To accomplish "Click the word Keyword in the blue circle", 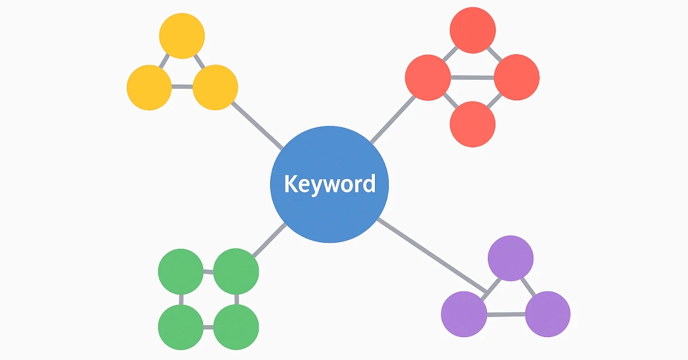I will pyautogui.click(x=330, y=184).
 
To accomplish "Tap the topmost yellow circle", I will pyautogui.click(x=182, y=36).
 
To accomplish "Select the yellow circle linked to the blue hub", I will pyautogui.click(x=215, y=87).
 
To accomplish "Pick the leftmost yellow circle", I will pyautogui.click(x=149, y=87).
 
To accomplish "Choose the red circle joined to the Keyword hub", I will pyautogui.click(x=428, y=77).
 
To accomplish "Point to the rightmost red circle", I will pyautogui.click(x=517, y=77).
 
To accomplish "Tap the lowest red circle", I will pyautogui.click(x=472, y=124).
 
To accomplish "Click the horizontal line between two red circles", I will pyautogui.click(x=472, y=77).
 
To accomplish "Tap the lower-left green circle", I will pyautogui.click(x=181, y=327).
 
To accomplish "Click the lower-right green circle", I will pyautogui.click(x=236, y=327).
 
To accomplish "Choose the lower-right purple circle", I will pyautogui.click(x=548, y=314).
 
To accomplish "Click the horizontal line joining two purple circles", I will pyautogui.click(x=506, y=314).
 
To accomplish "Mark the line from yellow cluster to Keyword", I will pyautogui.click(x=257, y=125).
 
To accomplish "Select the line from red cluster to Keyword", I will pyautogui.click(x=392, y=119).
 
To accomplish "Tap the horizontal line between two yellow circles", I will pyautogui.click(x=182, y=87).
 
